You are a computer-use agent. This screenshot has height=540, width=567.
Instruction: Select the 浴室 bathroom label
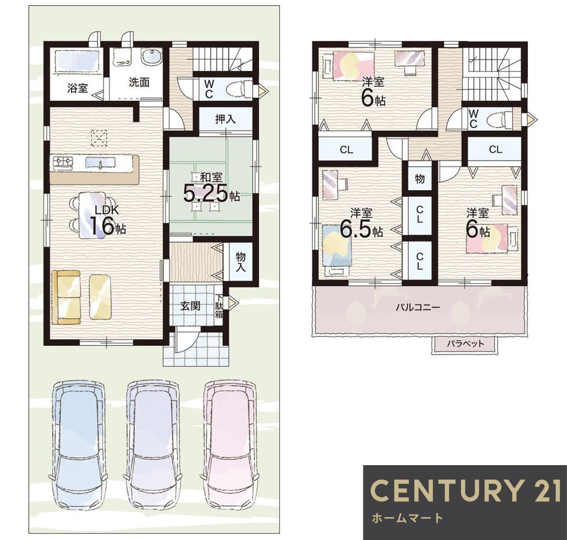pyautogui.click(x=77, y=88)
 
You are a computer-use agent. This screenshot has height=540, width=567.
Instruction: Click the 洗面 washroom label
pyautogui.click(x=139, y=82)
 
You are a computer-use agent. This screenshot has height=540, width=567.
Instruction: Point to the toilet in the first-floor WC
pyautogui.click(x=239, y=88)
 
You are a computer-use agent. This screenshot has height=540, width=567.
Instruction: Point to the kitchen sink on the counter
pyautogui.click(x=100, y=163)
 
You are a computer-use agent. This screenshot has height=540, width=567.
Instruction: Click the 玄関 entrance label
pyautogui.click(x=190, y=306)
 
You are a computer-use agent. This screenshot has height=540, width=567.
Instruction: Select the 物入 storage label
pyautogui.click(x=240, y=262)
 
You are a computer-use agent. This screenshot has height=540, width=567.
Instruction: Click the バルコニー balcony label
pyautogui.click(x=418, y=307)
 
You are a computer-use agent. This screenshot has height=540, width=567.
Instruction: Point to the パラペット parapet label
pyautogui.click(x=465, y=343)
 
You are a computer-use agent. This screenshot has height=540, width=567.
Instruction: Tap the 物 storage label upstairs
pyautogui.click(x=420, y=178)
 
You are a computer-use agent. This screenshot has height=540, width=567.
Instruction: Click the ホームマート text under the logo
pyautogui.click(x=407, y=518)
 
